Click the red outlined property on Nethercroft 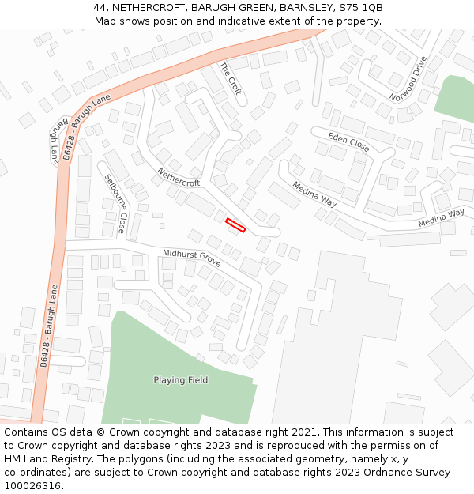click(235, 225)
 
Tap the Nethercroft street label click(179, 177)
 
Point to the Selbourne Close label click(115, 203)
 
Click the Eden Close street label click(348, 142)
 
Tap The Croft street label click(230, 78)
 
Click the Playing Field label click(181, 380)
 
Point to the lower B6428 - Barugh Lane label click(49, 326)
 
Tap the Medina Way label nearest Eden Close click(314, 194)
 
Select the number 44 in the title click(100, 8)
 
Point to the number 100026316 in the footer click(32, 485)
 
